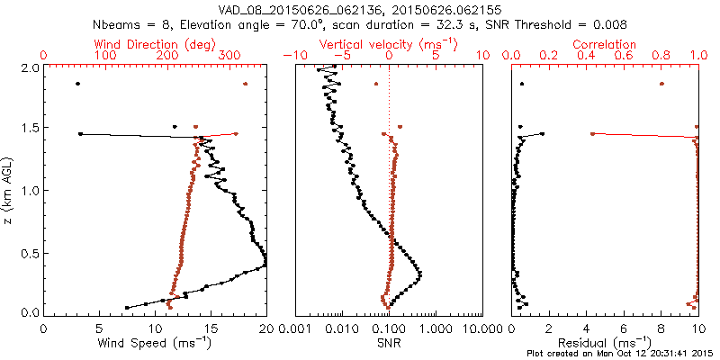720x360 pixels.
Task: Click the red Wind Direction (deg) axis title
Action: pos(156,44)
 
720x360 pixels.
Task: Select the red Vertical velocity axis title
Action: pos(389,44)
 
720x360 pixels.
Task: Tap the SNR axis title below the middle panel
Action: pos(389,342)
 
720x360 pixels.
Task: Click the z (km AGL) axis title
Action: pos(8,190)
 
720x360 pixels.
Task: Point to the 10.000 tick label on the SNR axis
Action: pos(481,329)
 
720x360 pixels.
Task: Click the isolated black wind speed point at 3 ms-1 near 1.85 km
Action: pos(78,84)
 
